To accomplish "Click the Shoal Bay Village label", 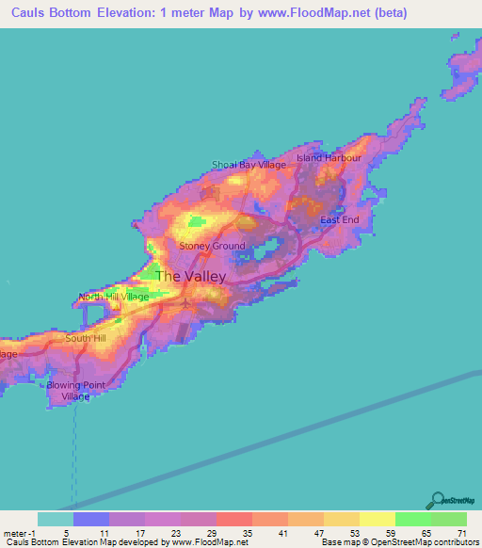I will pos(249,165).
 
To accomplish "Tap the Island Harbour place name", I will pos(329,157).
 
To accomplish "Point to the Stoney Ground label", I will pos(212,246).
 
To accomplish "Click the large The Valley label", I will pos(190,276).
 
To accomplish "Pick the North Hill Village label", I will pos(114,297).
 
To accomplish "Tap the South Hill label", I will pos(86,337).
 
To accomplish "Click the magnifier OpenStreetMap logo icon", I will pos(437,500).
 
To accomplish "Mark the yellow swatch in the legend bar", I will pos(377,519).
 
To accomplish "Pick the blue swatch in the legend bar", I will pos(91,519).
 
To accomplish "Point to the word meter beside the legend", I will pos(17,532).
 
